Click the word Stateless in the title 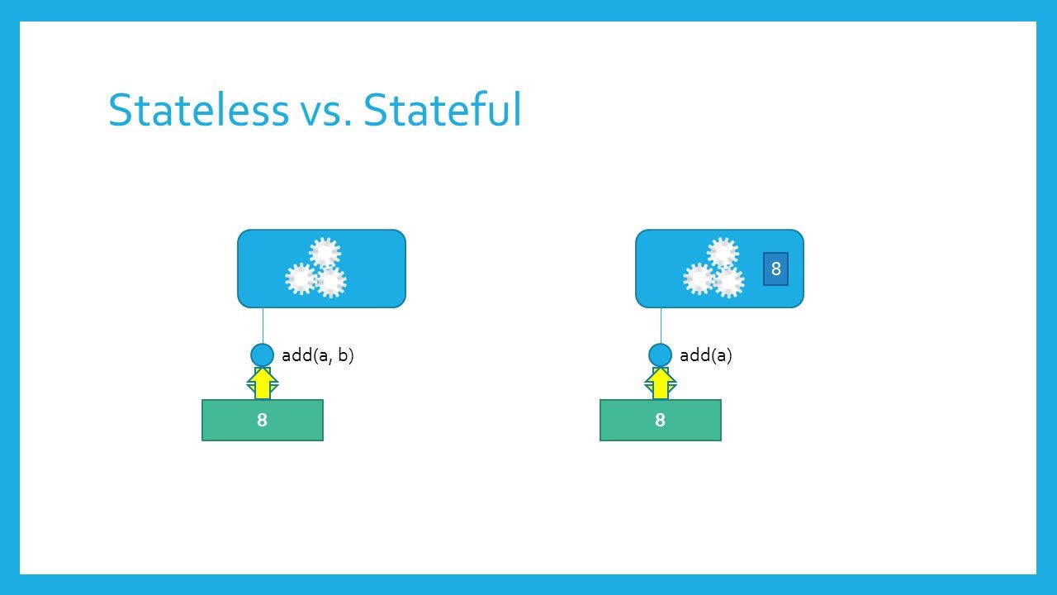point(198,110)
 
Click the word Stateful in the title point(442,110)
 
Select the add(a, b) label point(318,355)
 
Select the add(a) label point(705,355)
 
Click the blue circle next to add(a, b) point(262,355)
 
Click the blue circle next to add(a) point(660,355)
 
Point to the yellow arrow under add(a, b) point(263,383)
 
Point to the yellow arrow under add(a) point(661,383)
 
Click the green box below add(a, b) point(263,421)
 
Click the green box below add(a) point(661,421)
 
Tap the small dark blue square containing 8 point(775,269)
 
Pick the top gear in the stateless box point(325,253)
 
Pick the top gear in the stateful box point(723,253)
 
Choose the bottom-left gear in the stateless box point(301,279)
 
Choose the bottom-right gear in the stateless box point(331,282)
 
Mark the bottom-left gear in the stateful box point(699,279)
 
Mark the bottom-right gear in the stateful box point(729,282)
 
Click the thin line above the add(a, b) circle point(263,326)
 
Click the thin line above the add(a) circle point(661,326)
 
